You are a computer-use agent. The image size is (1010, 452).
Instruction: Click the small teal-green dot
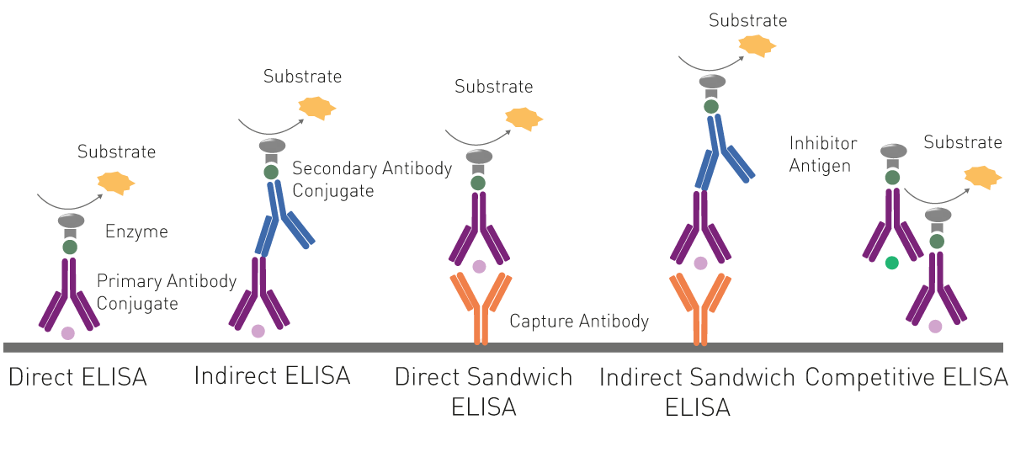[x=894, y=263]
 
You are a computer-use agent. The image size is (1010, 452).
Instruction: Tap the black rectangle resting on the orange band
[x=593, y=327]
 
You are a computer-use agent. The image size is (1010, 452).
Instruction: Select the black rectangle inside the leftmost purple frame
[x=160, y=295]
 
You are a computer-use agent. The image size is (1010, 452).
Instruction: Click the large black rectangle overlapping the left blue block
[x=380, y=186]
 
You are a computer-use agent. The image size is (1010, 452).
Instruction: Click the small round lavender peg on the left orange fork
[x=479, y=268]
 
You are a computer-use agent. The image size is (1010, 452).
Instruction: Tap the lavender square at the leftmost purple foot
[x=67, y=334]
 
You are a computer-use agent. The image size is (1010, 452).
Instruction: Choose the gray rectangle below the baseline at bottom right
[x=871, y=391]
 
